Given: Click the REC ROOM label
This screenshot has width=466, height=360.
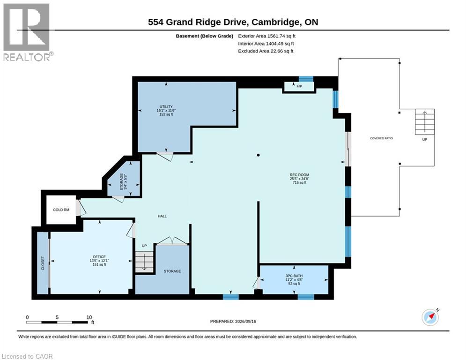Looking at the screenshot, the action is [299, 175].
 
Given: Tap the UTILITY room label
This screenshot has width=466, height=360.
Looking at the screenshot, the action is [166, 106].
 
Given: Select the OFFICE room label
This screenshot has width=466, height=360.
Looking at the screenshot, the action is [99, 257].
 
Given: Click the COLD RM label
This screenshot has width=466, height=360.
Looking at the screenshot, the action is [61, 210].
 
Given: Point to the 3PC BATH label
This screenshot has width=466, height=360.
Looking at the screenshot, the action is [294, 276].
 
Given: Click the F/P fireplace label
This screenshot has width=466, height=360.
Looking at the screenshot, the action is [299, 86].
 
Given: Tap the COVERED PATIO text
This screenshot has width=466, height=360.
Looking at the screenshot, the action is [381, 138].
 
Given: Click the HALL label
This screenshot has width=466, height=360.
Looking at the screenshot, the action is [162, 216].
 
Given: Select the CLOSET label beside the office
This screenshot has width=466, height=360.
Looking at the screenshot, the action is [43, 263].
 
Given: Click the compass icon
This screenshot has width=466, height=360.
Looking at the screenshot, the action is [430, 317].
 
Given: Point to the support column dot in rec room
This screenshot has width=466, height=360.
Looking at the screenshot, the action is [258, 155].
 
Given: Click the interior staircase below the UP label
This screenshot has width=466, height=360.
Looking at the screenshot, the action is [144, 262].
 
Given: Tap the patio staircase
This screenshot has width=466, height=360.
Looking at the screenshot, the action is [425, 122].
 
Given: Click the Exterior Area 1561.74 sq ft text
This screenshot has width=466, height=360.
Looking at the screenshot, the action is [266, 36].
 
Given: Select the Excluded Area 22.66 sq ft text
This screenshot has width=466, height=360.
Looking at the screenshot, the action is [266, 51].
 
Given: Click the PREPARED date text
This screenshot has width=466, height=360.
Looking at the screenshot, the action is [233, 321].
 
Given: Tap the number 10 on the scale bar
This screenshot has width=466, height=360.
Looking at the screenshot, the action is [89, 317].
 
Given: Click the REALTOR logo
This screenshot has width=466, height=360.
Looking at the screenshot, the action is [27, 32].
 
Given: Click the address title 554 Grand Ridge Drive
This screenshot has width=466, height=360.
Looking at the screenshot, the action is [197, 22].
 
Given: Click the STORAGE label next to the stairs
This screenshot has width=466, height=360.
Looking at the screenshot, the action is [172, 271].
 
